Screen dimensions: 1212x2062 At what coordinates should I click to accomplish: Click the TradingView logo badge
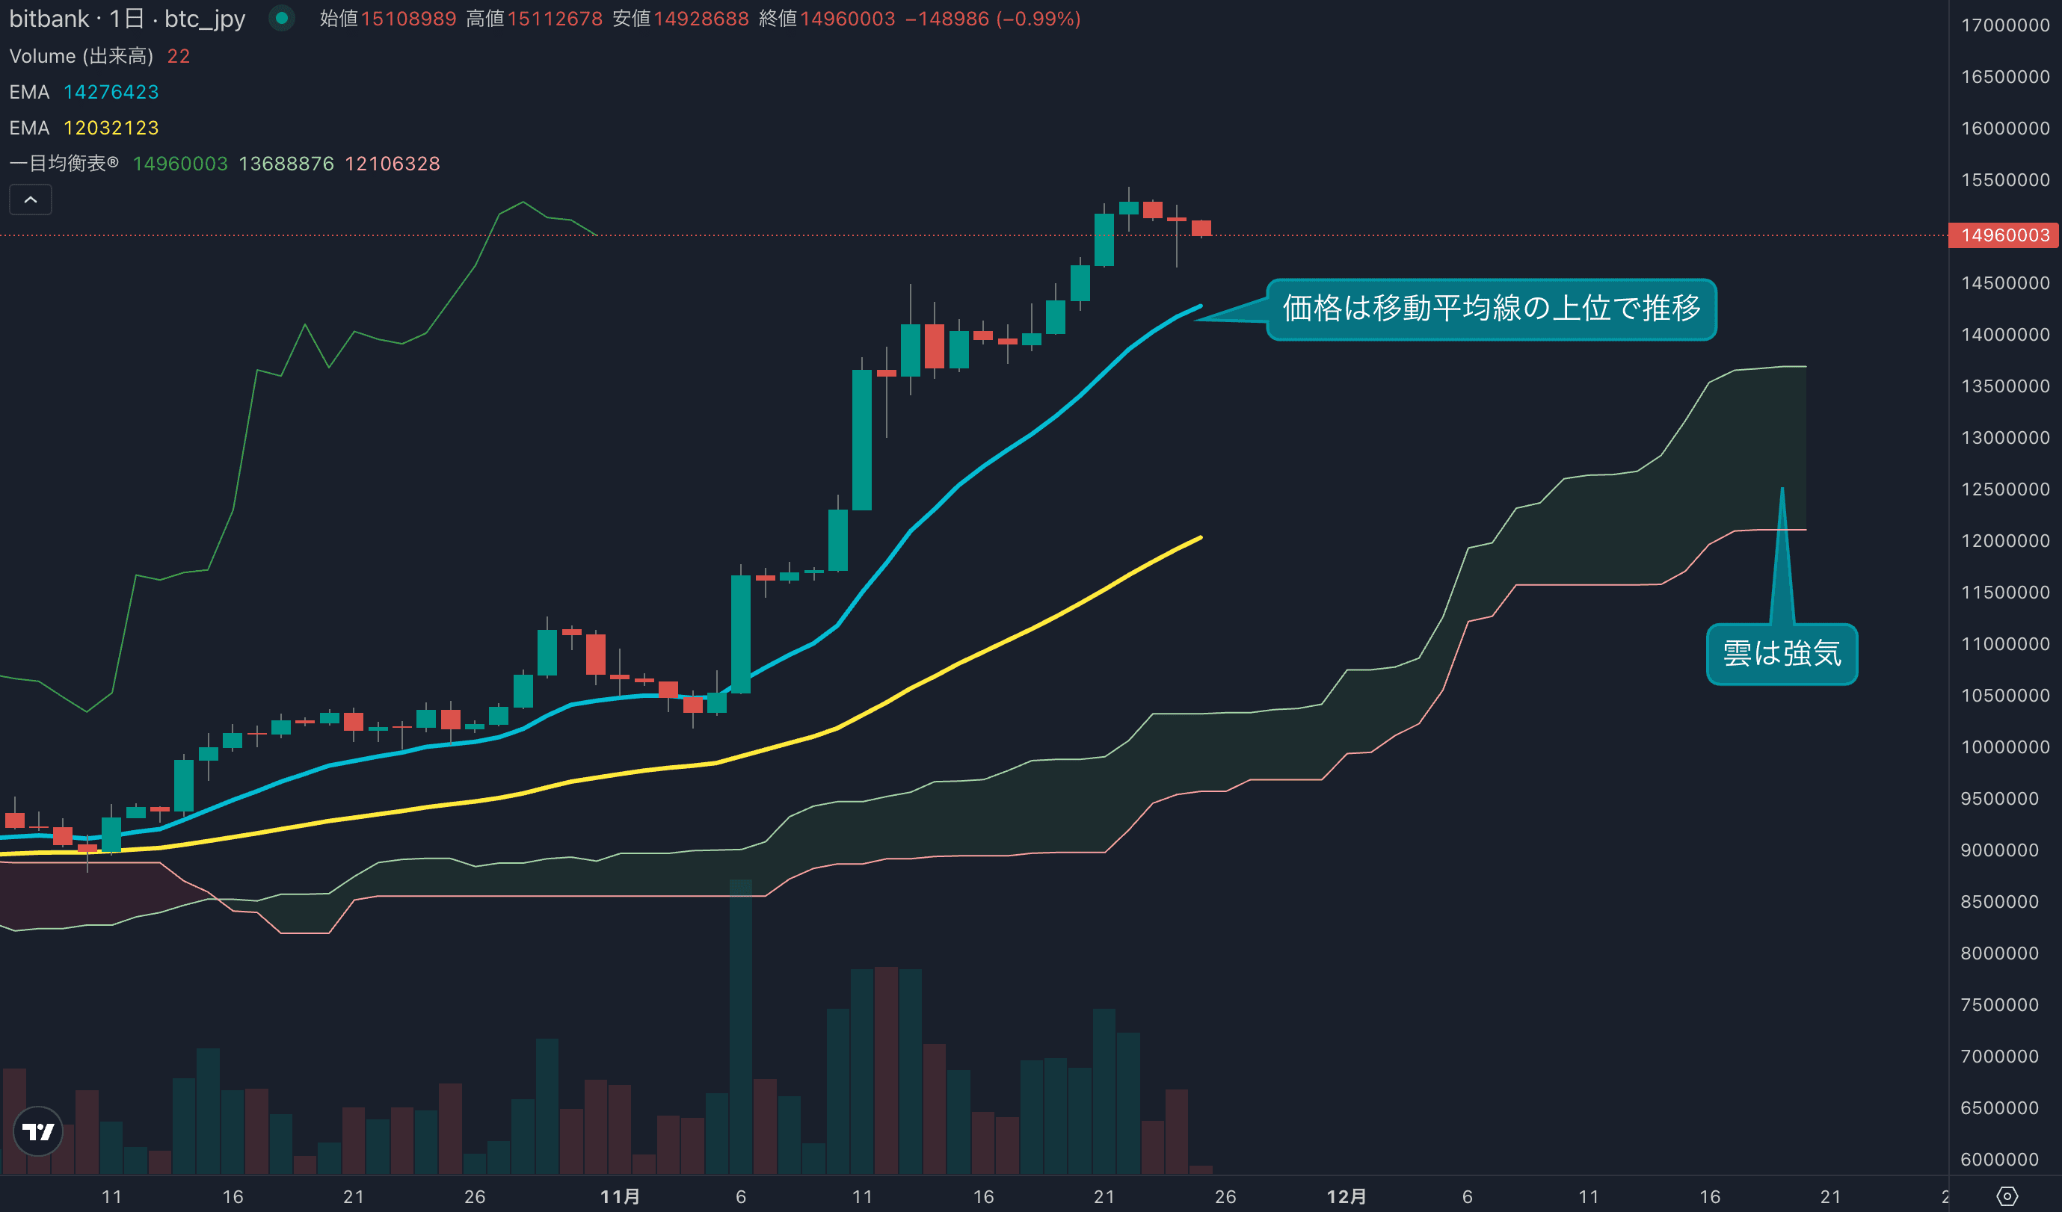click(37, 1131)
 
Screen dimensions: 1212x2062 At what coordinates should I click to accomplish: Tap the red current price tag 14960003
click(2004, 235)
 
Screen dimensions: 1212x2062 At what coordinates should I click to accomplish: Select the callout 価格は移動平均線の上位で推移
click(1490, 309)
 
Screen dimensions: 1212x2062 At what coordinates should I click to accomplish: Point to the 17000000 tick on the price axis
click(2004, 25)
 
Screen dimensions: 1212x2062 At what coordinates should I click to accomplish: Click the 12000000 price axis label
click(2004, 540)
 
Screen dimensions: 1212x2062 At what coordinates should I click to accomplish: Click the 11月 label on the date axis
click(619, 1196)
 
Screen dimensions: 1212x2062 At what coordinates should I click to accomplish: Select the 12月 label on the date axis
click(1345, 1196)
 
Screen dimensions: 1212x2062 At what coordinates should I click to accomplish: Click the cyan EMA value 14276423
click(111, 93)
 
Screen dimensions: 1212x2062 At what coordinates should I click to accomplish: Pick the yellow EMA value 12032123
click(111, 129)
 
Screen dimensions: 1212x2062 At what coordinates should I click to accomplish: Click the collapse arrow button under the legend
click(30, 200)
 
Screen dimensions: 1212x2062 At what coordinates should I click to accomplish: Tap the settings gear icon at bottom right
click(2007, 1196)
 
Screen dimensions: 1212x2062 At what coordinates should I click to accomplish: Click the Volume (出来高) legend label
click(81, 57)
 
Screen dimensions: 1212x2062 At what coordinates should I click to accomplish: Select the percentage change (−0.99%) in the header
click(1038, 19)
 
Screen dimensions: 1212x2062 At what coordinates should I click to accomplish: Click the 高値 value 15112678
click(554, 19)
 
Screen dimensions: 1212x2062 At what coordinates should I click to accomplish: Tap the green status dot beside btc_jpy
click(281, 18)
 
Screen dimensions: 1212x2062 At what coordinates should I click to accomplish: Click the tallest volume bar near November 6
click(740, 1027)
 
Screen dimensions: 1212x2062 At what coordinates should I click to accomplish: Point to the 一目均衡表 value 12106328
click(392, 164)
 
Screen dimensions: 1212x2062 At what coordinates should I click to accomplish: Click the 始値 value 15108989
click(408, 19)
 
